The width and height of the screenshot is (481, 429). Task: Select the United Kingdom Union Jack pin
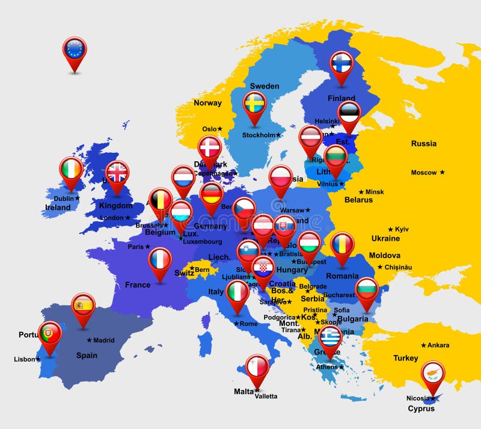click(117, 173)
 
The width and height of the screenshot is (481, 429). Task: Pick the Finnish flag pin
click(342, 63)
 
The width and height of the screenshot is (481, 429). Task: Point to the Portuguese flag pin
click(49, 333)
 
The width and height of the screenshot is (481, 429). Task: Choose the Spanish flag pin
click(83, 305)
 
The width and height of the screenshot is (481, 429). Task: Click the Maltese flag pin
click(257, 366)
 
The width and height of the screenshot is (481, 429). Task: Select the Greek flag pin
click(329, 337)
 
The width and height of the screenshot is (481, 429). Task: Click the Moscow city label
click(424, 173)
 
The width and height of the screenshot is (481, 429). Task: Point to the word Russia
click(424, 144)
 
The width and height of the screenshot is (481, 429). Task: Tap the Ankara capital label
click(438, 345)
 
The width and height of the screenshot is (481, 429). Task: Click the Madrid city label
click(104, 341)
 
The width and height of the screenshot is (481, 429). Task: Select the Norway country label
click(207, 103)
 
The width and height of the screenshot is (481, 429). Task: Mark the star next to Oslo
click(220, 129)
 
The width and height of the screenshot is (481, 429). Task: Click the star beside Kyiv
click(390, 229)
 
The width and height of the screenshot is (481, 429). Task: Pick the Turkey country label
click(406, 358)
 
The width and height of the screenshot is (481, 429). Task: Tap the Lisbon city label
click(25, 360)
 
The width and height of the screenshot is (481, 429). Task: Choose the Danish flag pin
click(209, 147)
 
